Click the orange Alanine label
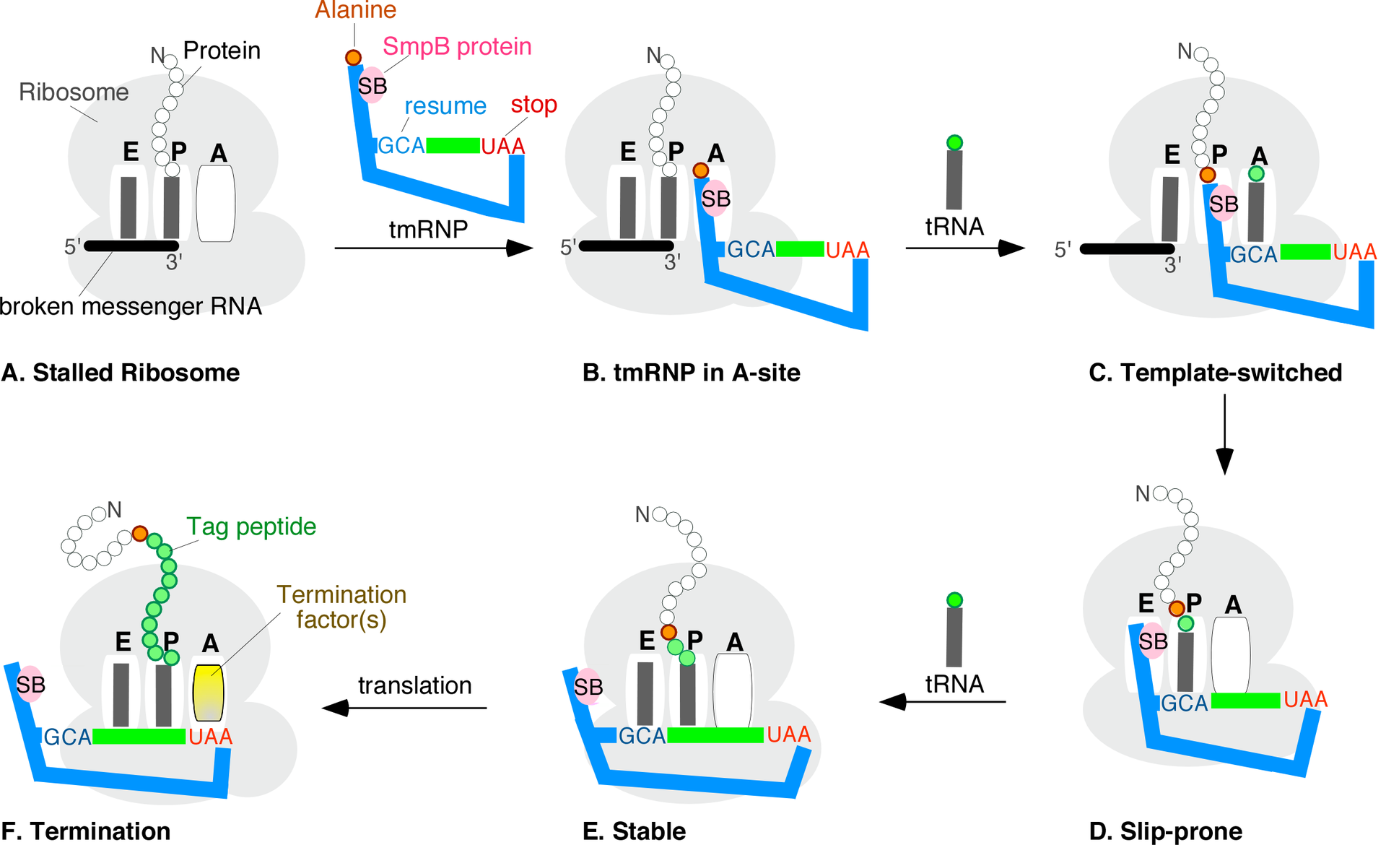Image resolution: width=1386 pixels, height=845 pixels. point(355,10)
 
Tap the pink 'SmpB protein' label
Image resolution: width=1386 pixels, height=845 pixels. point(456,47)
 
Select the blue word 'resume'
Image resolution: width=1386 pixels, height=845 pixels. point(445,106)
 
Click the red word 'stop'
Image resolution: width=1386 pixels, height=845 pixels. point(533,104)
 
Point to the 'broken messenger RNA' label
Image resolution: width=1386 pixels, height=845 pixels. point(131,306)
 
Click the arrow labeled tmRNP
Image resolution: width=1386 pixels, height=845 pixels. point(433,248)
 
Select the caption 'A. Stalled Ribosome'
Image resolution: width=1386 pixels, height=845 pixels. point(121,373)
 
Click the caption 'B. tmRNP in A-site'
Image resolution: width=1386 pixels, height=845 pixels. point(691,373)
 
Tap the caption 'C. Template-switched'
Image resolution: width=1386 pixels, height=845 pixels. point(1215,373)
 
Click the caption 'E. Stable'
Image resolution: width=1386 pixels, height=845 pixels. point(634,831)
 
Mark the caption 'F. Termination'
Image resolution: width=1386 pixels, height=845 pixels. point(86,831)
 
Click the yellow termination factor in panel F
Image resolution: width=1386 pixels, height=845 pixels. point(209,693)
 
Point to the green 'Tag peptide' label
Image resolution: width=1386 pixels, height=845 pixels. point(250,526)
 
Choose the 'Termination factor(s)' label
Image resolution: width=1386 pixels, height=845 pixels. point(341,607)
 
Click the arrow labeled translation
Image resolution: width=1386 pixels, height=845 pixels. point(404,708)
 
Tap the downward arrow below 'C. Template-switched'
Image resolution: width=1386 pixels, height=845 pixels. point(1224,433)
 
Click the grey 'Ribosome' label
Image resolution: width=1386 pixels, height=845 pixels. point(74,92)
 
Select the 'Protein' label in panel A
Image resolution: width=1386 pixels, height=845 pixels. point(222,51)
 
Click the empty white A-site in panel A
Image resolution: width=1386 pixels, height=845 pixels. point(216,203)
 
